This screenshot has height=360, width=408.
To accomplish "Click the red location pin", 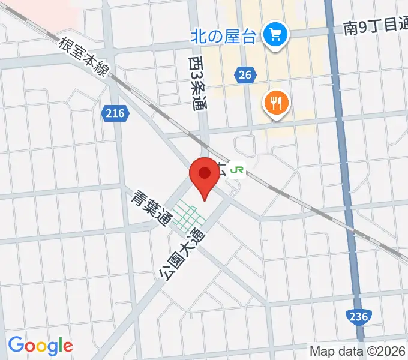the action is pos(204,177).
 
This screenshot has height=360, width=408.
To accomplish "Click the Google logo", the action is pos(40,346).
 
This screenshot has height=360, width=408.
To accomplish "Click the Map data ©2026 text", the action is pos(357,352).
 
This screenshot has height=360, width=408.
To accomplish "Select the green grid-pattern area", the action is pos(187,217).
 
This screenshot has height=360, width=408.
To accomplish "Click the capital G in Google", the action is pos(16,345).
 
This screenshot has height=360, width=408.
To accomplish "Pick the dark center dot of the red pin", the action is pos(204,173).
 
